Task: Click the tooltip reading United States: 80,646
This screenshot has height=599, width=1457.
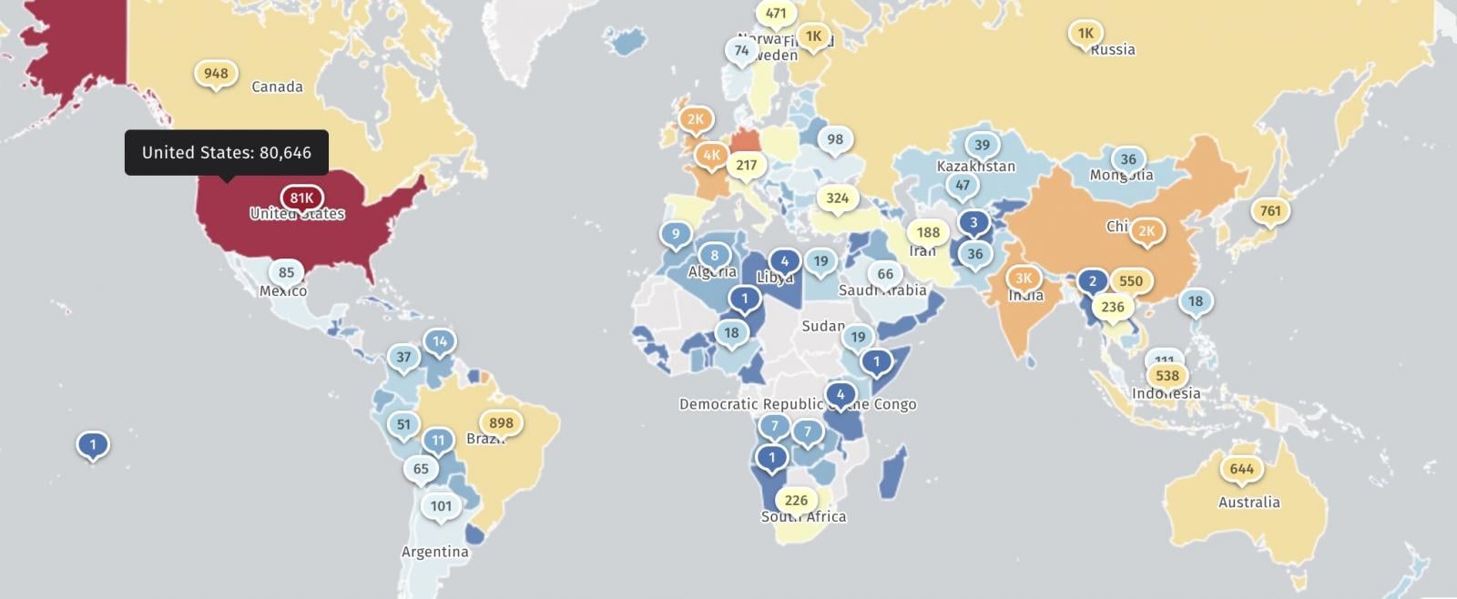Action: tap(227, 153)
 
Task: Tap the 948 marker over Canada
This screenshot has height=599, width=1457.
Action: tap(216, 74)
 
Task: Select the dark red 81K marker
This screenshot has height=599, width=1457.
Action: tap(301, 198)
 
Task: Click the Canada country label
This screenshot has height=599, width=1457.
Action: tap(277, 87)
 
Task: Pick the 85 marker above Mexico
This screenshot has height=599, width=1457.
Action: tap(286, 272)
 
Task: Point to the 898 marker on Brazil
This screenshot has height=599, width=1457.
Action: tap(501, 422)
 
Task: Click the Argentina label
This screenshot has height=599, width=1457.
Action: tap(434, 552)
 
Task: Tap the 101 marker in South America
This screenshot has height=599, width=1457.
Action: tap(441, 506)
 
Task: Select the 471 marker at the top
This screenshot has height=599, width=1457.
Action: tap(776, 14)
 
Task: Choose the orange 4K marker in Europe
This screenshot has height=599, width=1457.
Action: tap(711, 155)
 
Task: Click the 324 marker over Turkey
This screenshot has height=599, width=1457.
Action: tap(837, 198)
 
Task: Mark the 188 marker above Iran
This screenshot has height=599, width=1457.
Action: tap(928, 232)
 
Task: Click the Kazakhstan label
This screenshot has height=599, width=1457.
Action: tap(975, 167)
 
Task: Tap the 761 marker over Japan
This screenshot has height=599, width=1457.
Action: tap(1269, 211)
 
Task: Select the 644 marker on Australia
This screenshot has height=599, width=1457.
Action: tap(1241, 469)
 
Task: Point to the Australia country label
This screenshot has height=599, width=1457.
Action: tap(1248, 503)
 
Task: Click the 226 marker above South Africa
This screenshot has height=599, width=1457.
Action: tap(796, 500)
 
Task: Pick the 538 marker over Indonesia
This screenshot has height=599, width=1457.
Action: tap(1167, 375)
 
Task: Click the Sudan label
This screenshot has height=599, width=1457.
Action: tap(823, 326)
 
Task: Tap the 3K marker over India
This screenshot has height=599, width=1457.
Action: tap(1024, 279)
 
